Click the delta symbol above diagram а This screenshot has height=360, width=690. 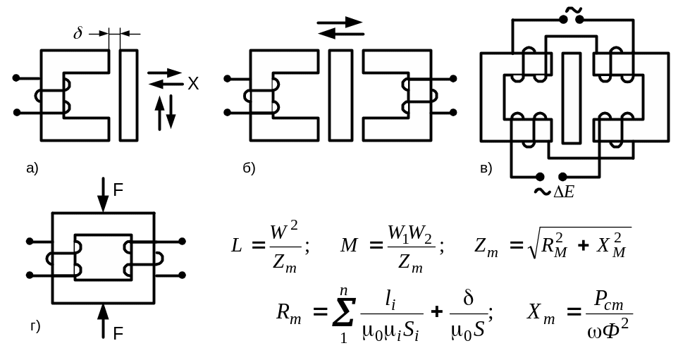tap(78, 32)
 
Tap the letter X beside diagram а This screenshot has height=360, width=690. tap(193, 83)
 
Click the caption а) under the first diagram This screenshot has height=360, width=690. tap(32, 168)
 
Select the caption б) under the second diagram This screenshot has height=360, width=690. tap(249, 168)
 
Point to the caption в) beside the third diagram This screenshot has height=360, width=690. tap(486, 168)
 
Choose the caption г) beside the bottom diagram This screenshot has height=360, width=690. tap(35, 326)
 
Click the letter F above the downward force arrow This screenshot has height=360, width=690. tap(118, 190)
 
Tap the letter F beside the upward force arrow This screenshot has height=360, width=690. tap(118, 334)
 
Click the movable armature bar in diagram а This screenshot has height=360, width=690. tap(128, 95)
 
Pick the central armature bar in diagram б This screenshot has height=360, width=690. tap(340, 95)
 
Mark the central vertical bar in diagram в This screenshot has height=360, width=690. tap(571, 98)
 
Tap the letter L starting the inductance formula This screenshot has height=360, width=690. tap(237, 246)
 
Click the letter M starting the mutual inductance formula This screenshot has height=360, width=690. tap(349, 246)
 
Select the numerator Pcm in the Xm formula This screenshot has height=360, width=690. tap(608, 301)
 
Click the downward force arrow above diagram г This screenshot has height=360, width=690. tap(103, 194)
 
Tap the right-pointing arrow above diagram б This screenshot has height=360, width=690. tap(339, 22)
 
